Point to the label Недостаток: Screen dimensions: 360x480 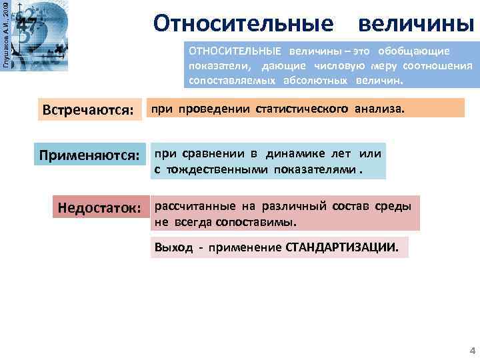[x=99, y=208]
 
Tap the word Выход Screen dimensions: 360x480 [x=173, y=247]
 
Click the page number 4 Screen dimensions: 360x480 [x=471, y=350]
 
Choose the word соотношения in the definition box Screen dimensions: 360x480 [x=436, y=65]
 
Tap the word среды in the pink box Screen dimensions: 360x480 [x=397, y=206]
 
